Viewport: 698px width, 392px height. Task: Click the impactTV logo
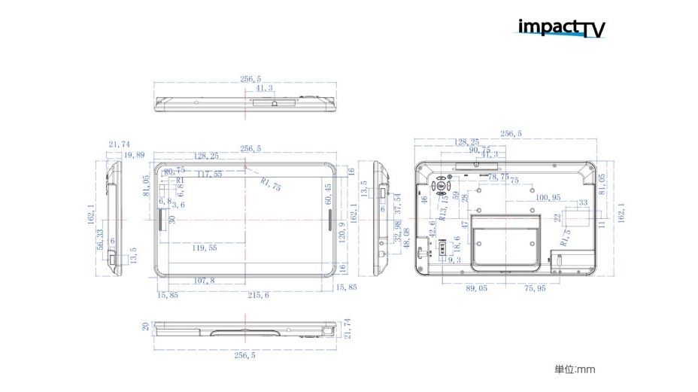[x=561, y=28]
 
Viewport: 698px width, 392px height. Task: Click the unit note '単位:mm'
[x=575, y=369]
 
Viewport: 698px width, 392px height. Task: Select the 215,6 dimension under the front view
[x=258, y=296]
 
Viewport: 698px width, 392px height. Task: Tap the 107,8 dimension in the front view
[x=204, y=281]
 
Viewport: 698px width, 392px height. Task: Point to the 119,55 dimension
[x=205, y=248]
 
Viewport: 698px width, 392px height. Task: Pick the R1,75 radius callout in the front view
[x=270, y=184]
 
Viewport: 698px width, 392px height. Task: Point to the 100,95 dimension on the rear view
[x=549, y=197]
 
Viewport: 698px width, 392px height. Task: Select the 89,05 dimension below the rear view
[x=476, y=287]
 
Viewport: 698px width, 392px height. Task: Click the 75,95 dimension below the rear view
[x=535, y=287]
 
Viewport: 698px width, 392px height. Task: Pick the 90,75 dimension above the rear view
[x=479, y=149]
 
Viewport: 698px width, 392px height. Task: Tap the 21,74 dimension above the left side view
[x=119, y=144]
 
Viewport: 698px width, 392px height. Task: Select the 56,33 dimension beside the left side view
[x=100, y=242]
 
